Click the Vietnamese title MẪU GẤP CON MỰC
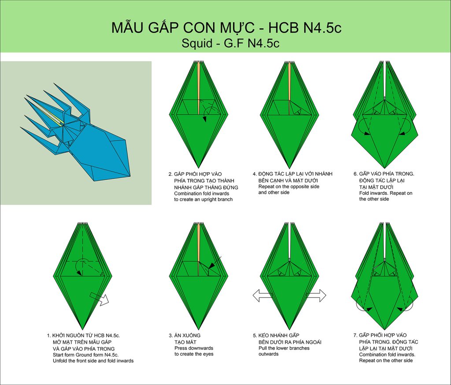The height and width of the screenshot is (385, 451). click(x=183, y=28)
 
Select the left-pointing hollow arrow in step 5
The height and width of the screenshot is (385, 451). click(x=262, y=296)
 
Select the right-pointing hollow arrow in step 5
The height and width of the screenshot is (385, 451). click(x=316, y=296)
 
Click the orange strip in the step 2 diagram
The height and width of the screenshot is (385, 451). click(x=199, y=88)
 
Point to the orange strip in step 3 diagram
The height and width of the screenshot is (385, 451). click(x=199, y=249)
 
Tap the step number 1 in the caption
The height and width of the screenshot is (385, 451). click(x=48, y=336)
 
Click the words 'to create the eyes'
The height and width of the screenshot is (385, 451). click(x=194, y=354)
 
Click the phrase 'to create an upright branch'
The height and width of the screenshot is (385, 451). click(x=203, y=200)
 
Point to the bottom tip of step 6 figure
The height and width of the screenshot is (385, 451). click(x=384, y=169)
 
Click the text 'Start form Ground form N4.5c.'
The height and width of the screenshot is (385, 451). click(x=86, y=355)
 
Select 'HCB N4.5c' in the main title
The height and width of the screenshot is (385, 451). click(x=305, y=28)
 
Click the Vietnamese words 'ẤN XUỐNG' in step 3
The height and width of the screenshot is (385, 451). click(x=188, y=335)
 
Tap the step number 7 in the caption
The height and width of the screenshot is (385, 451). click(x=355, y=335)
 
